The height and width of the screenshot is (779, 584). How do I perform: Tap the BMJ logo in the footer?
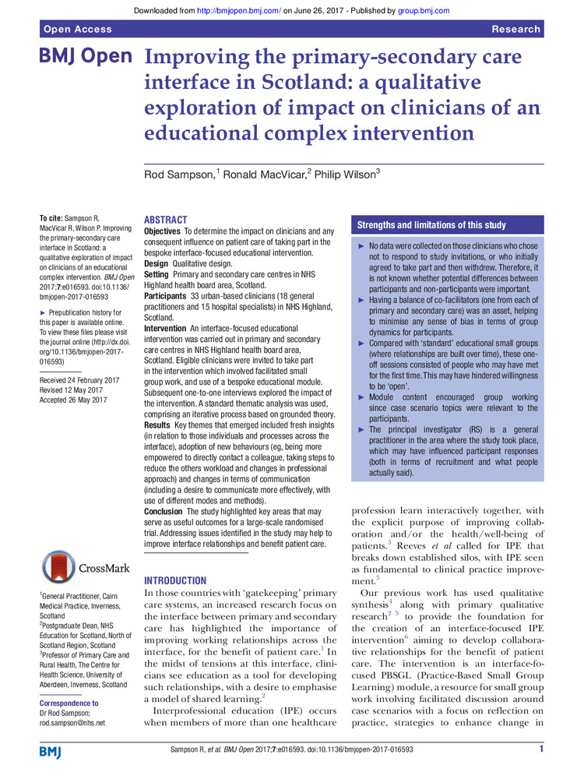click(x=52, y=750)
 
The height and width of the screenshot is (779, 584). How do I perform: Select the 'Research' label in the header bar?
click(x=515, y=29)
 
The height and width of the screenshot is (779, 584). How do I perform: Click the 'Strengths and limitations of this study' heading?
click(x=431, y=225)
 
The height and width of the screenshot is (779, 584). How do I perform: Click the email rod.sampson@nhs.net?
click(x=72, y=722)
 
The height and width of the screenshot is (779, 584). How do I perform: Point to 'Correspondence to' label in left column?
click(x=69, y=703)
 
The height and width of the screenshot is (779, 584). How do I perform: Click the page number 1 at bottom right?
click(x=540, y=749)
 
